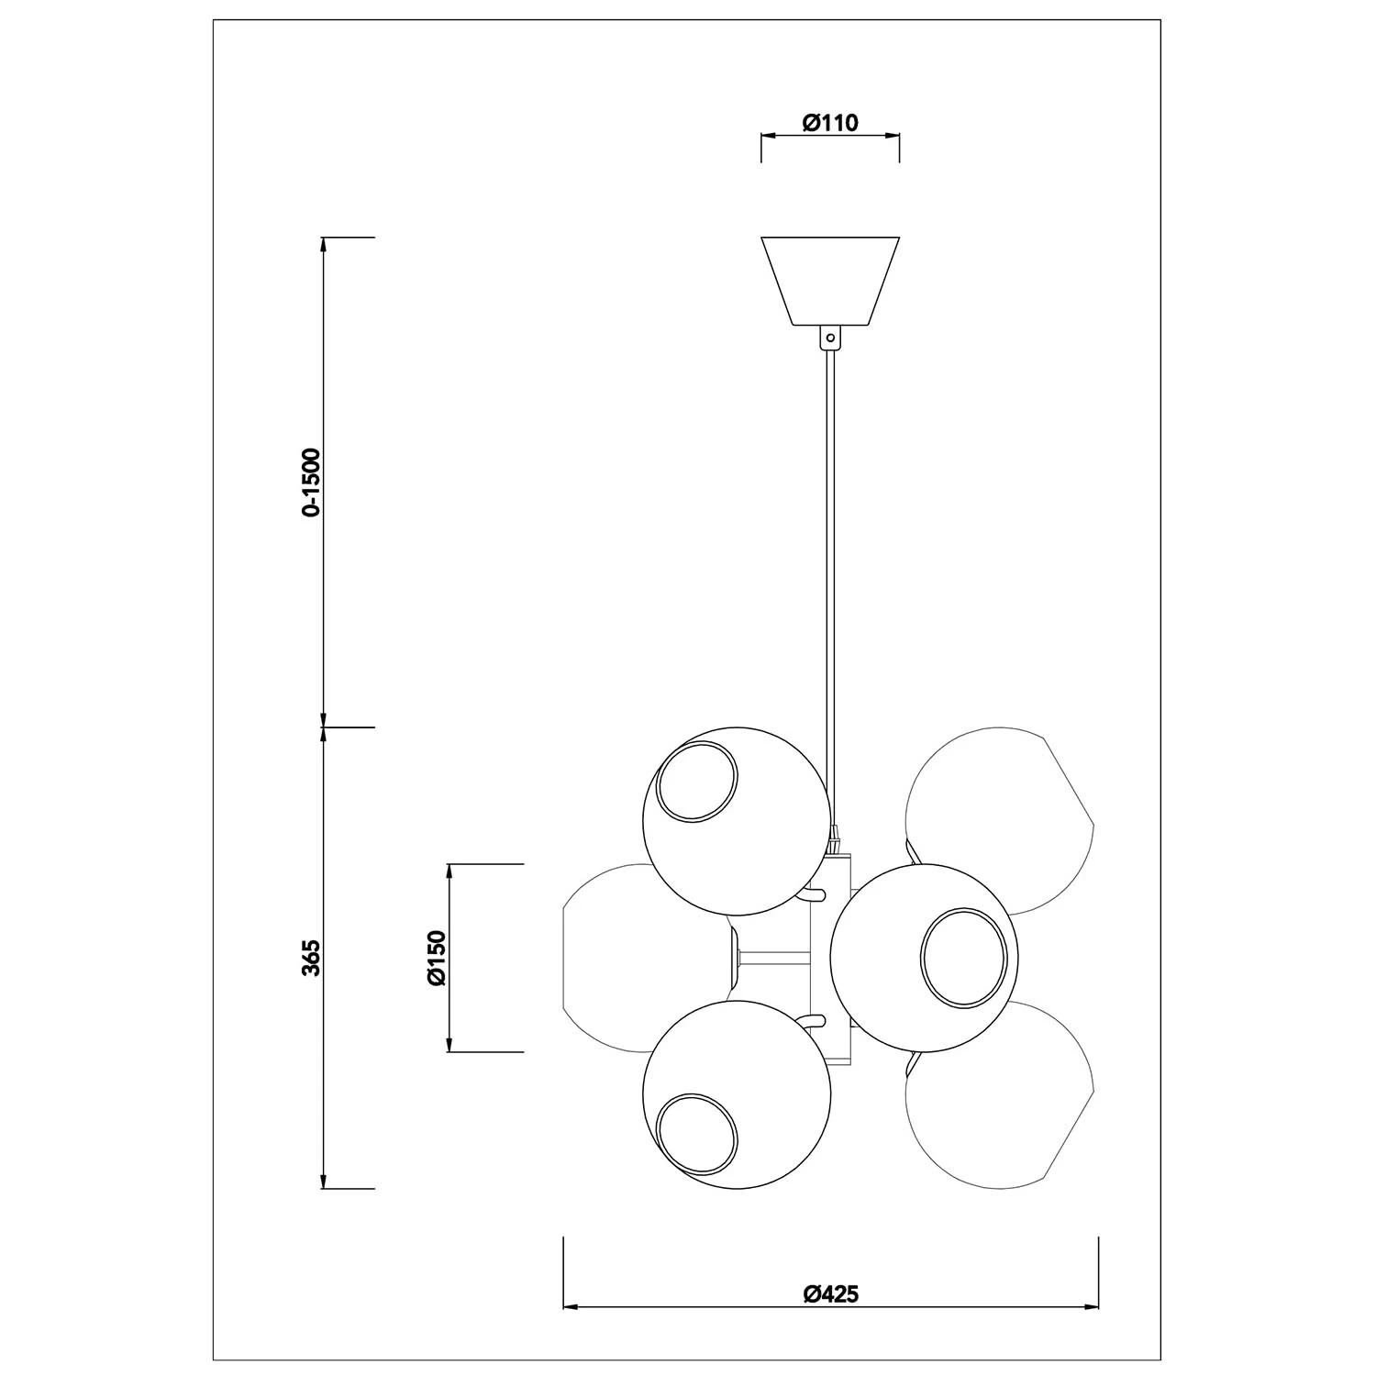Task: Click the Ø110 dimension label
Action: pyautogui.click(x=830, y=123)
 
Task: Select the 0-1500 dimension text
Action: pyautogui.click(x=313, y=483)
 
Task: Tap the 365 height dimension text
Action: pyautogui.click(x=313, y=957)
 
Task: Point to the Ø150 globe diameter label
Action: pyautogui.click(x=437, y=958)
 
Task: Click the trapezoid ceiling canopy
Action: pyautogui.click(x=830, y=280)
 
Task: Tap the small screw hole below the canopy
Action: pyautogui.click(x=830, y=338)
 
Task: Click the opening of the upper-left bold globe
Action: pyautogui.click(x=697, y=781)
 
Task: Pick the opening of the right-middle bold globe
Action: pyautogui.click(x=960, y=954)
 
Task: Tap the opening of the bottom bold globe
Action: pyautogui.click(x=697, y=1134)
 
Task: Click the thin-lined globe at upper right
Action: pyautogui.click(x=1000, y=807)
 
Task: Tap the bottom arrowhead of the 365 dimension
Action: pyautogui.click(x=323, y=1182)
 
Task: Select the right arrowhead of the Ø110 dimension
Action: pyautogui.click(x=893, y=136)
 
